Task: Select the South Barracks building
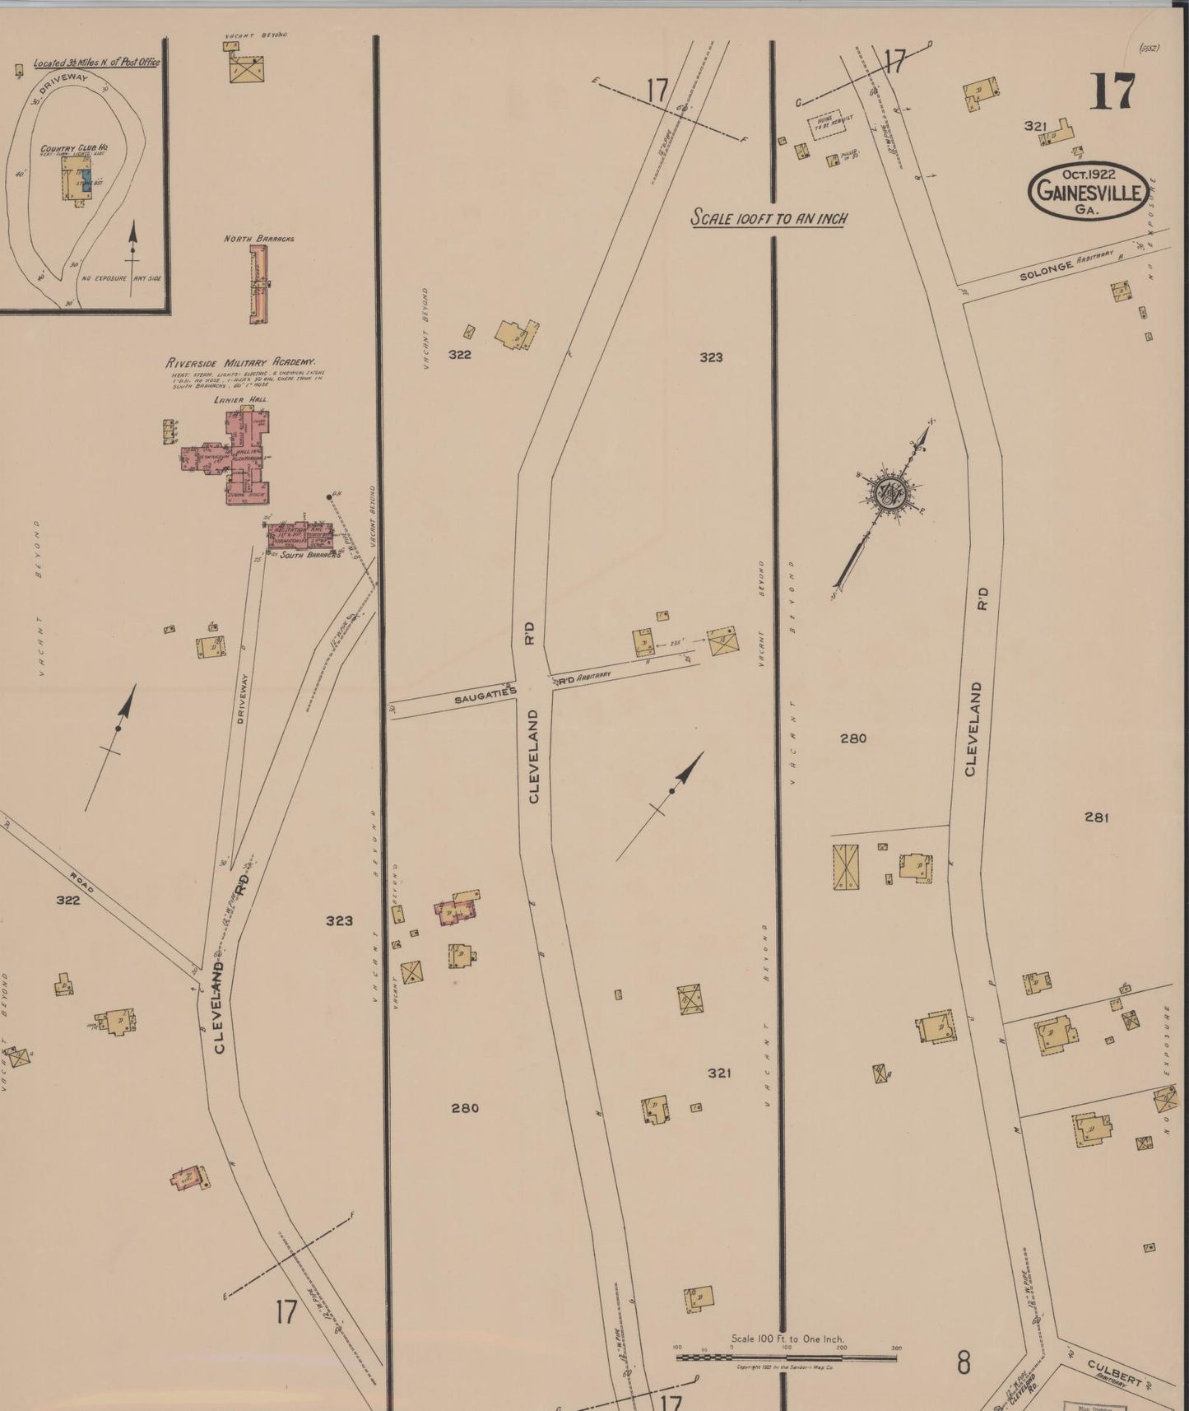pos(300,536)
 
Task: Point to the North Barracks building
pos(259,283)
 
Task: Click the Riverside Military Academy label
pos(241,362)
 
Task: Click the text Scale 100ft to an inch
pos(769,219)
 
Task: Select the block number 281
pos(1097,817)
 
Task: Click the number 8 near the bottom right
pos(963,1363)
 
